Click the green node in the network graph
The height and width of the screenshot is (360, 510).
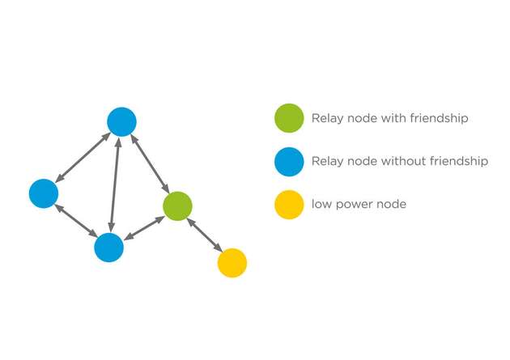[x=176, y=206]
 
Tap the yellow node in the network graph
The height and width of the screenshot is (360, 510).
[x=232, y=262]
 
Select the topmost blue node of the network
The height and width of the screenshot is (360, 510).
[x=121, y=121]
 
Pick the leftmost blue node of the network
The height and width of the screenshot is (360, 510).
[x=44, y=193]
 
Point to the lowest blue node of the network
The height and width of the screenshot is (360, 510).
[x=108, y=247]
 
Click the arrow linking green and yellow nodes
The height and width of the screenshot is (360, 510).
[x=204, y=235]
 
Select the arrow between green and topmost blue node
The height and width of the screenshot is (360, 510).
[x=150, y=164]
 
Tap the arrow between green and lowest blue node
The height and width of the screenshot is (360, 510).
[x=142, y=227]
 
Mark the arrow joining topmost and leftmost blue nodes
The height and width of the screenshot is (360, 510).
[x=83, y=157]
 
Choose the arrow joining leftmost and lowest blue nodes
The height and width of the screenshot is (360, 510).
[x=76, y=220]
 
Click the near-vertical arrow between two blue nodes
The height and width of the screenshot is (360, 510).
[x=115, y=184]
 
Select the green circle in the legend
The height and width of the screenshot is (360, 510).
[x=289, y=118]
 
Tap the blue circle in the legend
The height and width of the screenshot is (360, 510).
[x=289, y=161]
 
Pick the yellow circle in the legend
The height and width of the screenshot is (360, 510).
[x=289, y=204]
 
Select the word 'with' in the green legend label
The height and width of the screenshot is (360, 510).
[x=393, y=118]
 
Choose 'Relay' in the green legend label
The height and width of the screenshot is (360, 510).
[x=327, y=119]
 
